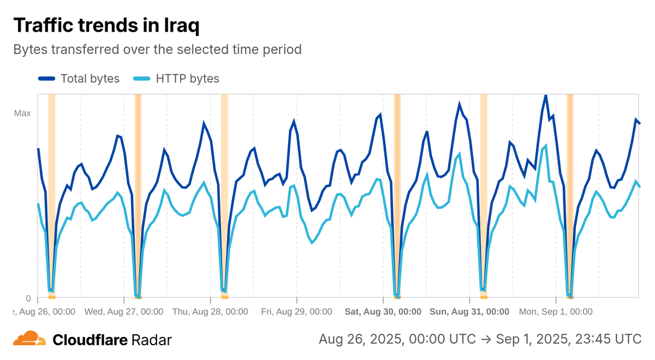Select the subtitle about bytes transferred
coord(157,49)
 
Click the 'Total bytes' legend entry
coord(90,79)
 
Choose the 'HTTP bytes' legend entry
coord(187,79)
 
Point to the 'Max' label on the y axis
coord(22,113)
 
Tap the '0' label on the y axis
coord(28,298)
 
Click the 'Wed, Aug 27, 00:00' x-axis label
coord(124,311)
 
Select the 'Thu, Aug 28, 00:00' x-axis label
coord(210,311)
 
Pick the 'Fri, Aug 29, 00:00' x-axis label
coord(296,311)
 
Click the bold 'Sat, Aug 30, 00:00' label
coord(383,311)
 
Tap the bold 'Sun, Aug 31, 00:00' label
coord(469,311)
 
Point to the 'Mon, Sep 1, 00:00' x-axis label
coord(556,311)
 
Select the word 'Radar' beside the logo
coord(151,340)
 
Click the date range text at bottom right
coord(480,339)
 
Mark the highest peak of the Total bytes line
coord(545,95)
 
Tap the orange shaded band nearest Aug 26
coord(52,196)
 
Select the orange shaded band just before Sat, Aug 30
coord(397,196)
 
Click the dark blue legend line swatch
coord(47,79)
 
